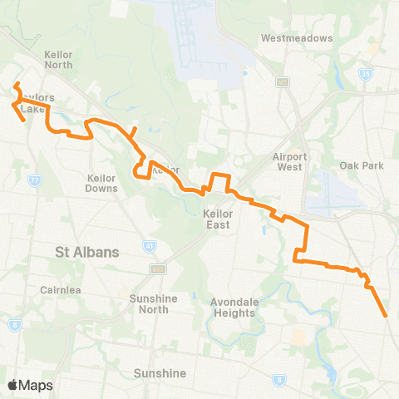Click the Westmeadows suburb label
(x=296, y=38)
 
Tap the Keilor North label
(x=58, y=59)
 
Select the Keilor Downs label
(x=102, y=183)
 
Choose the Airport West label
(x=289, y=161)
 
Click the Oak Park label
(x=361, y=165)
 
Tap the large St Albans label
(x=87, y=251)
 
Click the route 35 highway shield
(x=389, y=73)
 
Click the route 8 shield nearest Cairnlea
(x=15, y=324)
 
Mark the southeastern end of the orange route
(x=386, y=316)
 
